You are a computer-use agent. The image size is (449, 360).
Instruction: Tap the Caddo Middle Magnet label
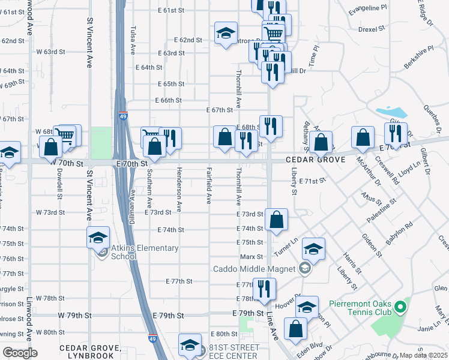tap(255, 268)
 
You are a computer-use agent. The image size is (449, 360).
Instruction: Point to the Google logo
tap(20, 352)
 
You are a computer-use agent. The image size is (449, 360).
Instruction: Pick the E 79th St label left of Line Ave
tap(248, 314)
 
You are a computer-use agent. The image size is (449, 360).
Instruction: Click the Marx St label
tap(248, 257)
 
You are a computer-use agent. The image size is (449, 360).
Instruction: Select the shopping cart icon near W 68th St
tap(67, 135)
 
